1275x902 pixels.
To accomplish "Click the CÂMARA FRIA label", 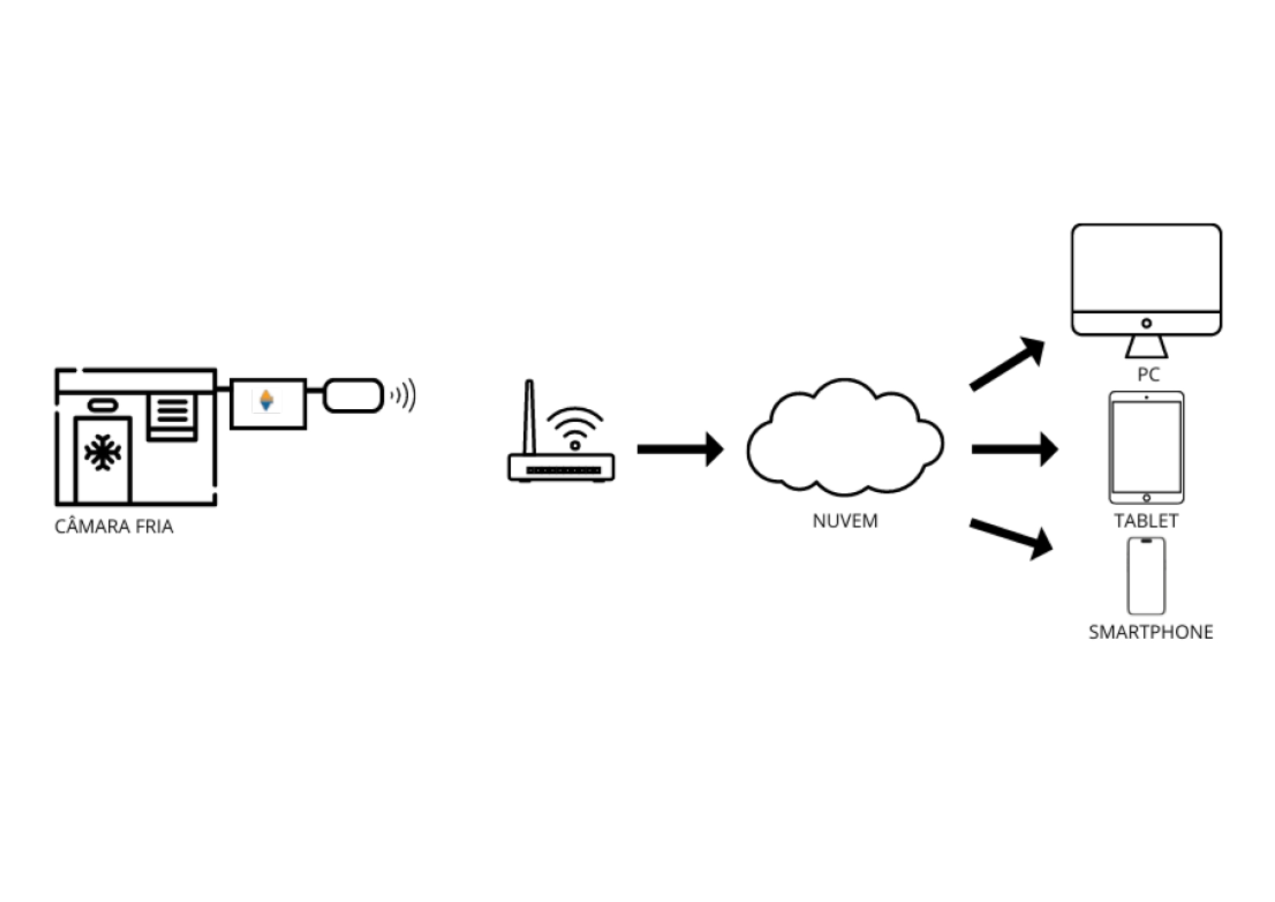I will click(113, 526).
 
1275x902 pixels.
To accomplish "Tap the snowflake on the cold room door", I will click(103, 453).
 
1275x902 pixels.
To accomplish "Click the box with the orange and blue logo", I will click(268, 403).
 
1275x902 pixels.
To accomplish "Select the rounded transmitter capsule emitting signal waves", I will click(353, 396).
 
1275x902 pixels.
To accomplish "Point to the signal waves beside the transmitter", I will click(404, 396).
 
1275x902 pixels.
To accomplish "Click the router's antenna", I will click(528, 418).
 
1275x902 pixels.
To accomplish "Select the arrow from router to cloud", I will click(680, 449).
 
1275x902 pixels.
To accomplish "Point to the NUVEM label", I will click(845, 521).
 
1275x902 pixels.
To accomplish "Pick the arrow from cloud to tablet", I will click(1014, 449).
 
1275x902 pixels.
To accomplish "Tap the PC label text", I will click(1148, 374).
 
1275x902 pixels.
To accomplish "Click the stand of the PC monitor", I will click(1146, 346).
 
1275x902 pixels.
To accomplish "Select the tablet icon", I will click(1146, 447).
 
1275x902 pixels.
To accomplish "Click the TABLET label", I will click(1146, 521).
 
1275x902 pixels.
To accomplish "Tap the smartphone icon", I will click(1146, 576).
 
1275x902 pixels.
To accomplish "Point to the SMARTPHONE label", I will click(1150, 632).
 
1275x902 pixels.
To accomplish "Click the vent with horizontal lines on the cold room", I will click(172, 416).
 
